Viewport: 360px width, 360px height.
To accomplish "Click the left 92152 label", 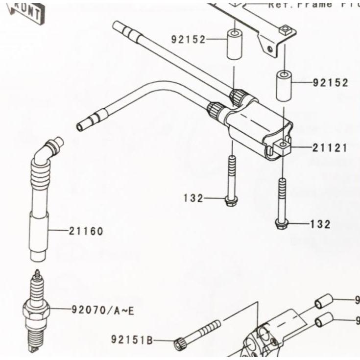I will click(189, 40).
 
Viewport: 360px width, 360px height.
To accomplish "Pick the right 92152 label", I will click(331, 83).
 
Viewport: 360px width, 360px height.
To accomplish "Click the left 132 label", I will click(193, 198).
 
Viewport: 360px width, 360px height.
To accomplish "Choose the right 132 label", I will click(320, 224).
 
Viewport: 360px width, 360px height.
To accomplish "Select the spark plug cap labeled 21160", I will click(41, 206).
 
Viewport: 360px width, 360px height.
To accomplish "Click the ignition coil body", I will click(255, 127).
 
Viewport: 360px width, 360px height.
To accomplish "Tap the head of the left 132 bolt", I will click(229, 200).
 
